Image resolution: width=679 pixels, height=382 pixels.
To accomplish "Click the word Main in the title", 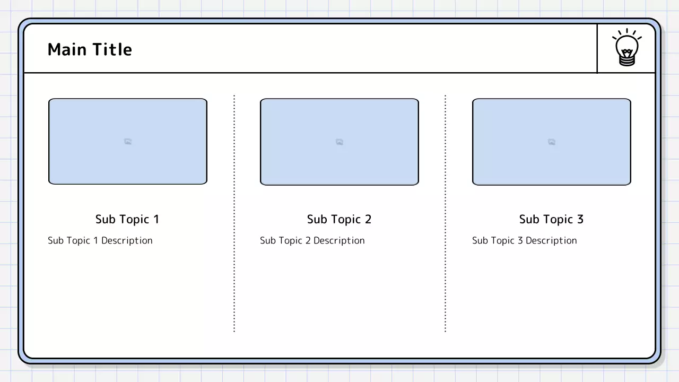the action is pos(67,49).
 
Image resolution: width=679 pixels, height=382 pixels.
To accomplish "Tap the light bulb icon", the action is pos(627,47).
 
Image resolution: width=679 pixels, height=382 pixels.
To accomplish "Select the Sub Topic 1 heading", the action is pos(127,219).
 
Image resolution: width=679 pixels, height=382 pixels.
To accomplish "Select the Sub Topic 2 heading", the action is pos(339,219).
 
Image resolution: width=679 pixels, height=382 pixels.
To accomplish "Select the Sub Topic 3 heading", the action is pos(551,219).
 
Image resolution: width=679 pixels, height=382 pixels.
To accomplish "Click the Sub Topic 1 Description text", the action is pos(100,240).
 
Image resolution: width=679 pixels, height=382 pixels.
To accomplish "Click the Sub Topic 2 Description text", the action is pos(312,240).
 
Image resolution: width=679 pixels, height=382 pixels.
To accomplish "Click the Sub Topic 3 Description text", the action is pos(525,240).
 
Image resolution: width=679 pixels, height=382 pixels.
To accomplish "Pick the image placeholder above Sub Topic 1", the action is pos(128,141).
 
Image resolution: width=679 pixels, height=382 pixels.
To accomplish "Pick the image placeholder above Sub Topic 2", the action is pos(339,142).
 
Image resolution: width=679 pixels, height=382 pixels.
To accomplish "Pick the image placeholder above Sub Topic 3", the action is pos(552,142).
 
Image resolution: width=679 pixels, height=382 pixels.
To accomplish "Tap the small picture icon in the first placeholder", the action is pos(128,142).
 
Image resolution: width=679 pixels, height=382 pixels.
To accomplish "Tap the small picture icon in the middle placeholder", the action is pos(339,142).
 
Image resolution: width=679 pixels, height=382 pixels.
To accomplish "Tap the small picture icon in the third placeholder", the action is pos(552,142).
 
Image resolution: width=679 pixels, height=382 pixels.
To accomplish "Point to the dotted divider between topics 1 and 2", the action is pos(234,213).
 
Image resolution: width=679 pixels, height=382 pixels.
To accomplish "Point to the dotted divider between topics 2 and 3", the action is pos(445,213).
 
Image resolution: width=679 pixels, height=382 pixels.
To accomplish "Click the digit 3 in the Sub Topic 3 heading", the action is pos(580,219).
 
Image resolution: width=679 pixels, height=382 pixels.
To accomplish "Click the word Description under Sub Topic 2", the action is pos(339,240).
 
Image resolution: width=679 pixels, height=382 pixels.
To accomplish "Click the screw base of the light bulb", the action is pos(627,60).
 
